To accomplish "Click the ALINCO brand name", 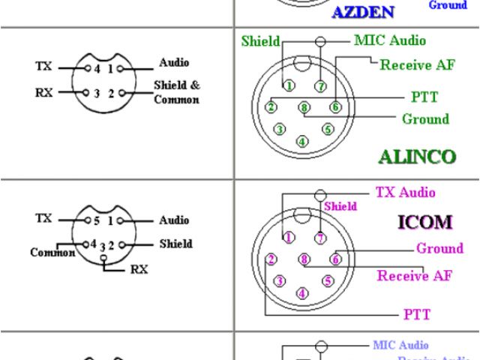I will [417, 157].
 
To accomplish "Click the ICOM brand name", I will [424, 222].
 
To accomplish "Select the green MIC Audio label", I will [389, 40].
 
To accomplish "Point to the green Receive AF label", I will [417, 64].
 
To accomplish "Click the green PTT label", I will [424, 97].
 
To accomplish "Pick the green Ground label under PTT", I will [425, 118].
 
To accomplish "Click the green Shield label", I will [260, 41].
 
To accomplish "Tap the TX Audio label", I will [405, 193].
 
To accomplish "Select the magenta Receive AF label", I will [415, 275].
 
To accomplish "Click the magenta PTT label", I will [417, 313].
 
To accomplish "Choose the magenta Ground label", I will [439, 248].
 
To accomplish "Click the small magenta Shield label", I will [340, 205].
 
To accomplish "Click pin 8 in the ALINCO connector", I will [304, 107].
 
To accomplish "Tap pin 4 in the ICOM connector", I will [302, 293].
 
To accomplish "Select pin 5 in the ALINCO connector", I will [327, 129].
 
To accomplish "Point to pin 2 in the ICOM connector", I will [271, 259].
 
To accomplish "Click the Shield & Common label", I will [177, 92].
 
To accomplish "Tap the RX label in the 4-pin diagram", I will [43, 94].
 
